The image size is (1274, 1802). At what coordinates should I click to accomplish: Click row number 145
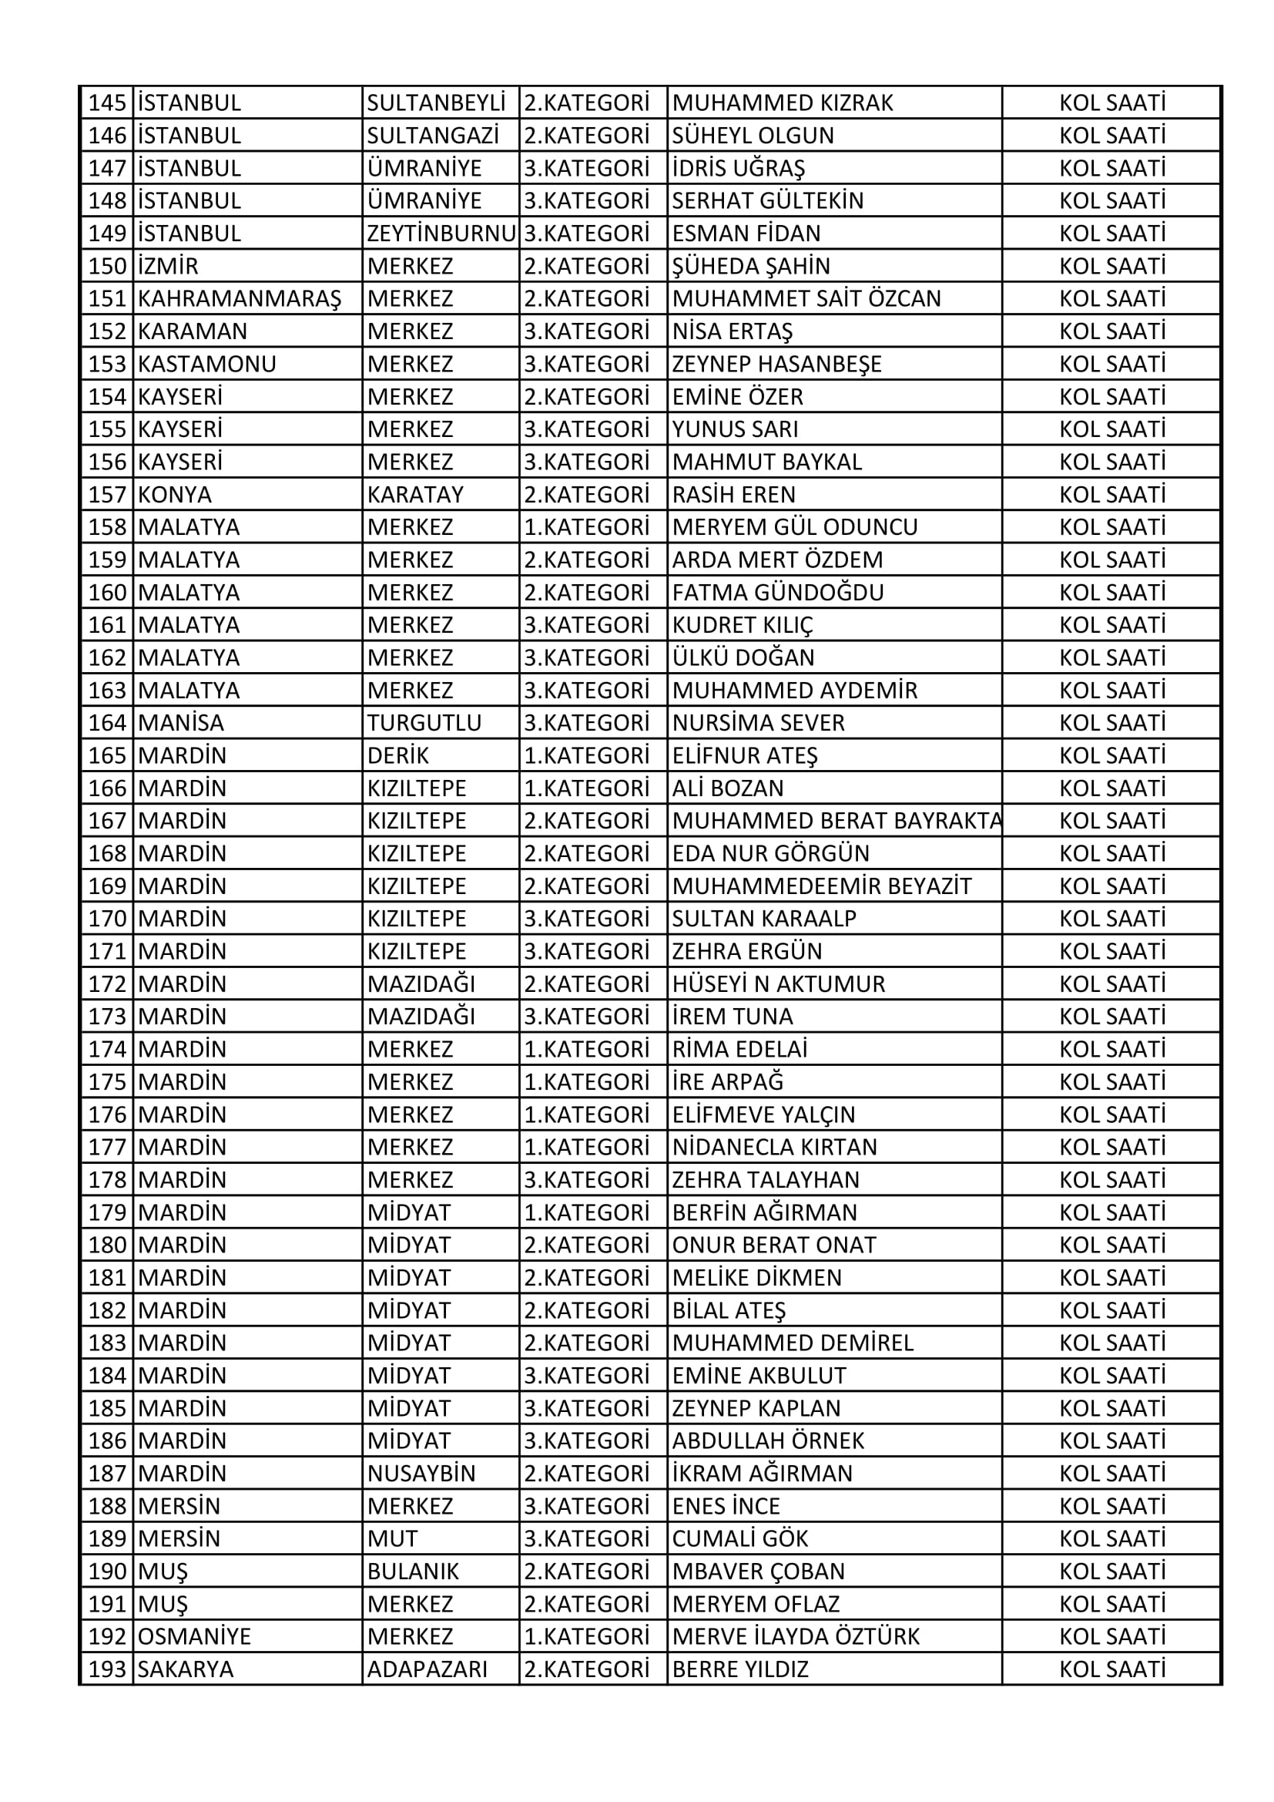click(x=108, y=103)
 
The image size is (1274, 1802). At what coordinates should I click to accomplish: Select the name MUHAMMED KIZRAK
click(x=782, y=103)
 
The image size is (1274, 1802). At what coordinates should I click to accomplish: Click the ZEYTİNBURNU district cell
click(x=441, y=233)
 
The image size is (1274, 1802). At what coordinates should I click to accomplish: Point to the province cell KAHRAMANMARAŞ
click(x=240, y=299)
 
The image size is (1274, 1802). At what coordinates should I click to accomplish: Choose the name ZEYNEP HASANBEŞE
click(x=776, y=364)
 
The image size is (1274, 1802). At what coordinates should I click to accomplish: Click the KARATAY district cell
click(x=415, y=495)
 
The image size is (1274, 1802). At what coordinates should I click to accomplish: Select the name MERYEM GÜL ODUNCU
click(x=795, y=526)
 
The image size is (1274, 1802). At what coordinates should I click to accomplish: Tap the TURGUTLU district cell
click(x=424, y=723)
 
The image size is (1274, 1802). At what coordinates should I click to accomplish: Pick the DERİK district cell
click(x=397, y=755)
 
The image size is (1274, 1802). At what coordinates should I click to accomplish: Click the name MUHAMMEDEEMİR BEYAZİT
click(x=821, y=886)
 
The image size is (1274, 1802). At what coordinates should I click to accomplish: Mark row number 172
click(x=108, y=984)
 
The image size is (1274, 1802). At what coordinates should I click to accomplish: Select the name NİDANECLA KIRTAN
click(x=774, y=1148)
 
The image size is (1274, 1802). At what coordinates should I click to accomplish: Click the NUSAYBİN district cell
click(x=421, y=1474)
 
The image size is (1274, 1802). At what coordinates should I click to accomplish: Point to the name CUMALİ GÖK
click(x=739, y=1539)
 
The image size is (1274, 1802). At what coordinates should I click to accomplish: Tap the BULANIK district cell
click(x=413, y=1572)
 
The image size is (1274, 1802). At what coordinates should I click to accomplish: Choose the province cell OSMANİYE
click(x=194, y=1637)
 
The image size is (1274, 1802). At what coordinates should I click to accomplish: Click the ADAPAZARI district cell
click(x=427, y=1669)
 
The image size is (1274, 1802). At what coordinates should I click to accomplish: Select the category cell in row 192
click(x=587, y=1637)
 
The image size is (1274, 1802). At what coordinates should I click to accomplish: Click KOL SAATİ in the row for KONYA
click(x=1111, y=495)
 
